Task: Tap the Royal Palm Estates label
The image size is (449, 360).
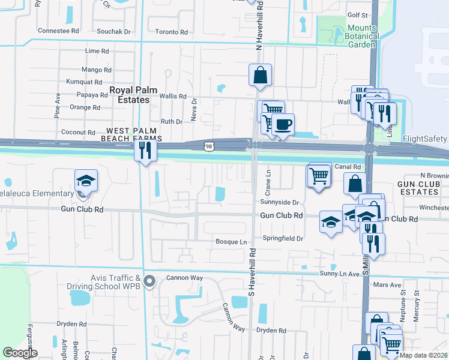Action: [x=133, y=95]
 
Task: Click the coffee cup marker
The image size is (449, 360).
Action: [x=283, y=125]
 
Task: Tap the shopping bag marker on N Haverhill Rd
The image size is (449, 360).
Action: [x=261, y=76]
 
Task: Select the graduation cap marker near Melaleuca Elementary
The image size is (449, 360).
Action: [x=86, y=180]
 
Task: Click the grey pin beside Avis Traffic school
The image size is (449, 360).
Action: [x=150, y=280]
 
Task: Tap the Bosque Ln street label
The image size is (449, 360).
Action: [x=231, y=242]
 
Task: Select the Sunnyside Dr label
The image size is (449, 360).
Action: [x=280, y=202]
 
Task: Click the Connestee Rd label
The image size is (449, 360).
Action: [x=58, y=31]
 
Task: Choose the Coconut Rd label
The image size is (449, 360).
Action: [x=78, y=133]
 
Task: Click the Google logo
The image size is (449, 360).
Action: [x=20, y=353]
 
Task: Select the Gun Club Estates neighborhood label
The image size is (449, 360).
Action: [x=418, y=187]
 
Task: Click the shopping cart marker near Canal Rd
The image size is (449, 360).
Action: [x=319, y=175]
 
